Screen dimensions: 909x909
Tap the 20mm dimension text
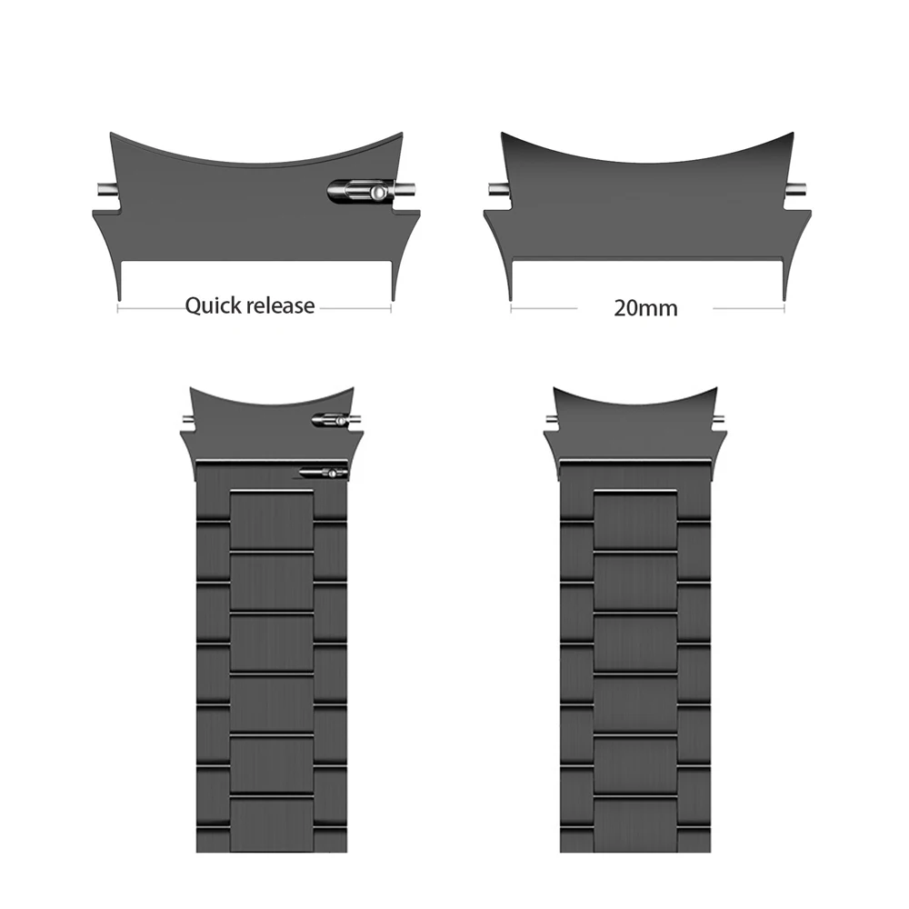tap(645, 307)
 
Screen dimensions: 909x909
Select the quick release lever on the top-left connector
tap(361, 192)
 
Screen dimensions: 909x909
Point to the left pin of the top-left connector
tap(103, 191)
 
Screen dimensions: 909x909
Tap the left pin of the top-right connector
tap(494, 191)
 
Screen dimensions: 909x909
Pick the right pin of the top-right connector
tap(801, 191)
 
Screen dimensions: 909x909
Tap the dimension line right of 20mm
tap(748, 308)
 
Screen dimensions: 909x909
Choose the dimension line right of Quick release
tap(355, 308)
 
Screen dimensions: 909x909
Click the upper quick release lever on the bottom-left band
tap(330, 420)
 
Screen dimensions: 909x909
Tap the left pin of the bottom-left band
tap(186, 420)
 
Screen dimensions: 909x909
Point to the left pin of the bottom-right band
tap(551, 420)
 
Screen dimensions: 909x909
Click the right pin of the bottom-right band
tap(721, 420)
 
